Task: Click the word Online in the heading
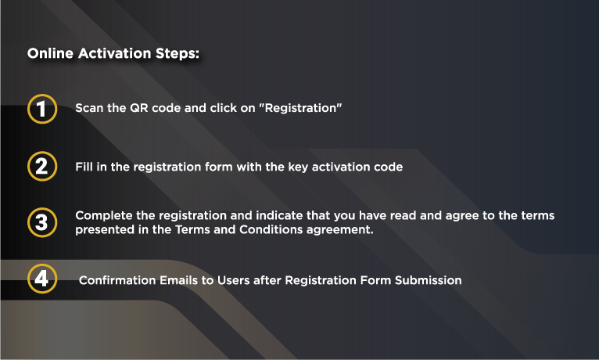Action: pyautogui.click(x=50, y=53)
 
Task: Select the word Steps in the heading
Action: pyautogui.click(x=178, y=54)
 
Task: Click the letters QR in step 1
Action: pyautogui.click(x=139, y=108)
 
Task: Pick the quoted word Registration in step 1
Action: pyautogui.click(x=300, y=108)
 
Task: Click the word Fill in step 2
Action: pyautogui.click(x=84, y=167)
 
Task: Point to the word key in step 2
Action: pyautogui.click(x=298, y=167)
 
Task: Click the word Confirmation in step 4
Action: pyautogui.click(x=117, y=280)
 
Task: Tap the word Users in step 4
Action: pyautogui.click(x=233, y=280)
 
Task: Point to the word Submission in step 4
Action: pyautogui.click(x=429, y=280)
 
